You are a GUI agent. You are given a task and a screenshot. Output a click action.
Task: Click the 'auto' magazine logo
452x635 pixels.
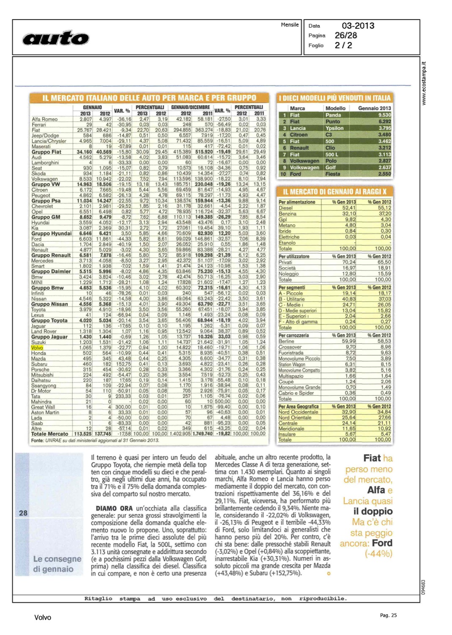coord(56,38)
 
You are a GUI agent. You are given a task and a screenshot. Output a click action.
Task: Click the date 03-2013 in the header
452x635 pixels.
coord(358,26)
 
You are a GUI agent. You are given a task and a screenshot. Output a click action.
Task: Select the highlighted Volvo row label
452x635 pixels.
coord(37,348)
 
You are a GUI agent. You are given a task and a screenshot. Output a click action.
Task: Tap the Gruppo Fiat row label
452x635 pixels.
coord(46,152)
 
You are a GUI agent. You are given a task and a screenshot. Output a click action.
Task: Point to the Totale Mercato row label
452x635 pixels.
coord(49,434)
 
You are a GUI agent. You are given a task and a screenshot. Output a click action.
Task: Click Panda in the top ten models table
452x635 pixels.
coord(333,115)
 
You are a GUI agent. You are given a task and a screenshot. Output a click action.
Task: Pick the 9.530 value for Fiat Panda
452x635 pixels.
coord(384,115)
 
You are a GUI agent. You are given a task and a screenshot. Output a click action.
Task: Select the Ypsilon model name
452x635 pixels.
coord(334,128)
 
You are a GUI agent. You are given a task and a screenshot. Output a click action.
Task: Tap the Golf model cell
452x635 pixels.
coord(330,168)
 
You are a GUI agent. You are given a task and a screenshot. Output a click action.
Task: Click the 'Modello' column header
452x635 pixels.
coord(335,108)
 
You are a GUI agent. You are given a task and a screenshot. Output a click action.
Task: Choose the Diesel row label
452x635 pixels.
coord(285,208)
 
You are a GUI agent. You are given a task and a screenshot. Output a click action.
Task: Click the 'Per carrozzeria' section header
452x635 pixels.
coord(293,336)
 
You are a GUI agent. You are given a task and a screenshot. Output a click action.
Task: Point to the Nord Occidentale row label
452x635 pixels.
coord(298,412)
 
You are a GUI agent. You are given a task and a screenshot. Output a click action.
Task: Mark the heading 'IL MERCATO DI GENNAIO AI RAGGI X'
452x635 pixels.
coord(334,192)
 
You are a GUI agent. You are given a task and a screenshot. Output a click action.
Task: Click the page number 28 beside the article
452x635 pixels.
coord(23,513)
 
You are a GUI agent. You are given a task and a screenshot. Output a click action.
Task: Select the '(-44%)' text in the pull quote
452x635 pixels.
coord(378,554)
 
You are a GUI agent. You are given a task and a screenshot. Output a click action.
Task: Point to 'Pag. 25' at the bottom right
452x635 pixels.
coord(388,616)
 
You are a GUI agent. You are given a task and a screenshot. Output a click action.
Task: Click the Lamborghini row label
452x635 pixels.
coord(45,163)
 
